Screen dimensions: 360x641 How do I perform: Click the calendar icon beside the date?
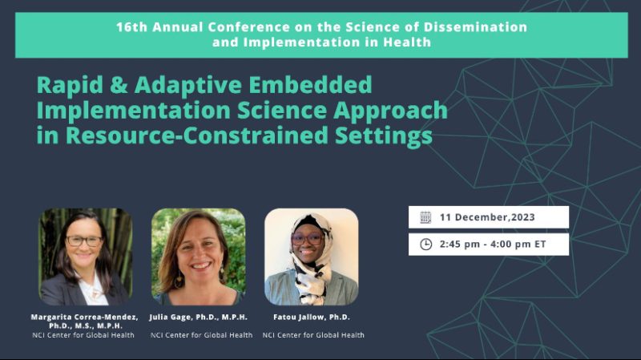425,217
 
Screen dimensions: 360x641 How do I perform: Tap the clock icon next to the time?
425,244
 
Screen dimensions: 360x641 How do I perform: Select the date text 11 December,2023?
487,217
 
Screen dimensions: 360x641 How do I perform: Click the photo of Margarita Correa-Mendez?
85,257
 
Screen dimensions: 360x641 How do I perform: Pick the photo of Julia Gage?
198,257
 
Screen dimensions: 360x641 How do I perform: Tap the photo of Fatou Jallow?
311,257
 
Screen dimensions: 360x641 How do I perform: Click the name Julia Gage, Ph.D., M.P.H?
198,318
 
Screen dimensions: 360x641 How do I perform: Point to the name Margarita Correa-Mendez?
84,318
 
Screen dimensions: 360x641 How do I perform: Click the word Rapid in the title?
67,84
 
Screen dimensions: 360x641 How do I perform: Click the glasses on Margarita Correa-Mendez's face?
84,241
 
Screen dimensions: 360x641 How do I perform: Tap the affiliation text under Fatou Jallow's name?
313,335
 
